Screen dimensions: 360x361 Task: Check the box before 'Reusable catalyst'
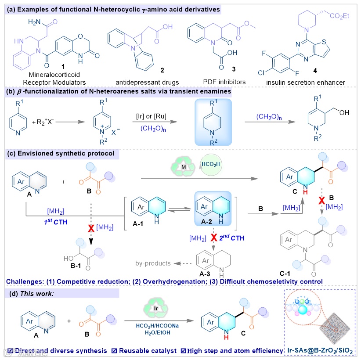[114, 351]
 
